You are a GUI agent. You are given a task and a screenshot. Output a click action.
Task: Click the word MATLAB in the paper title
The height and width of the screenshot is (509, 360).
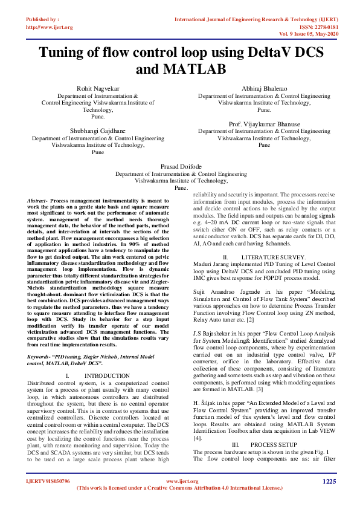[181, 70]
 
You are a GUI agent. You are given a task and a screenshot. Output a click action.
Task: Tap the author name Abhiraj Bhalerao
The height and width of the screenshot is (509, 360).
[264, 88]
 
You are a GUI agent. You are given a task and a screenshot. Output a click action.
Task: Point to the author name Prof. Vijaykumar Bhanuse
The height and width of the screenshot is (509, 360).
[264, 124]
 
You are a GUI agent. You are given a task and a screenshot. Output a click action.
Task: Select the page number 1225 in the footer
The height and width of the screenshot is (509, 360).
[329, 481]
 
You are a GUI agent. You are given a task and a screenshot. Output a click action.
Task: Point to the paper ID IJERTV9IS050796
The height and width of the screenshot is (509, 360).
[48, 482]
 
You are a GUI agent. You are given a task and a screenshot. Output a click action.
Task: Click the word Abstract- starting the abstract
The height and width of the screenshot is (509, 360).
[38, 200]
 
